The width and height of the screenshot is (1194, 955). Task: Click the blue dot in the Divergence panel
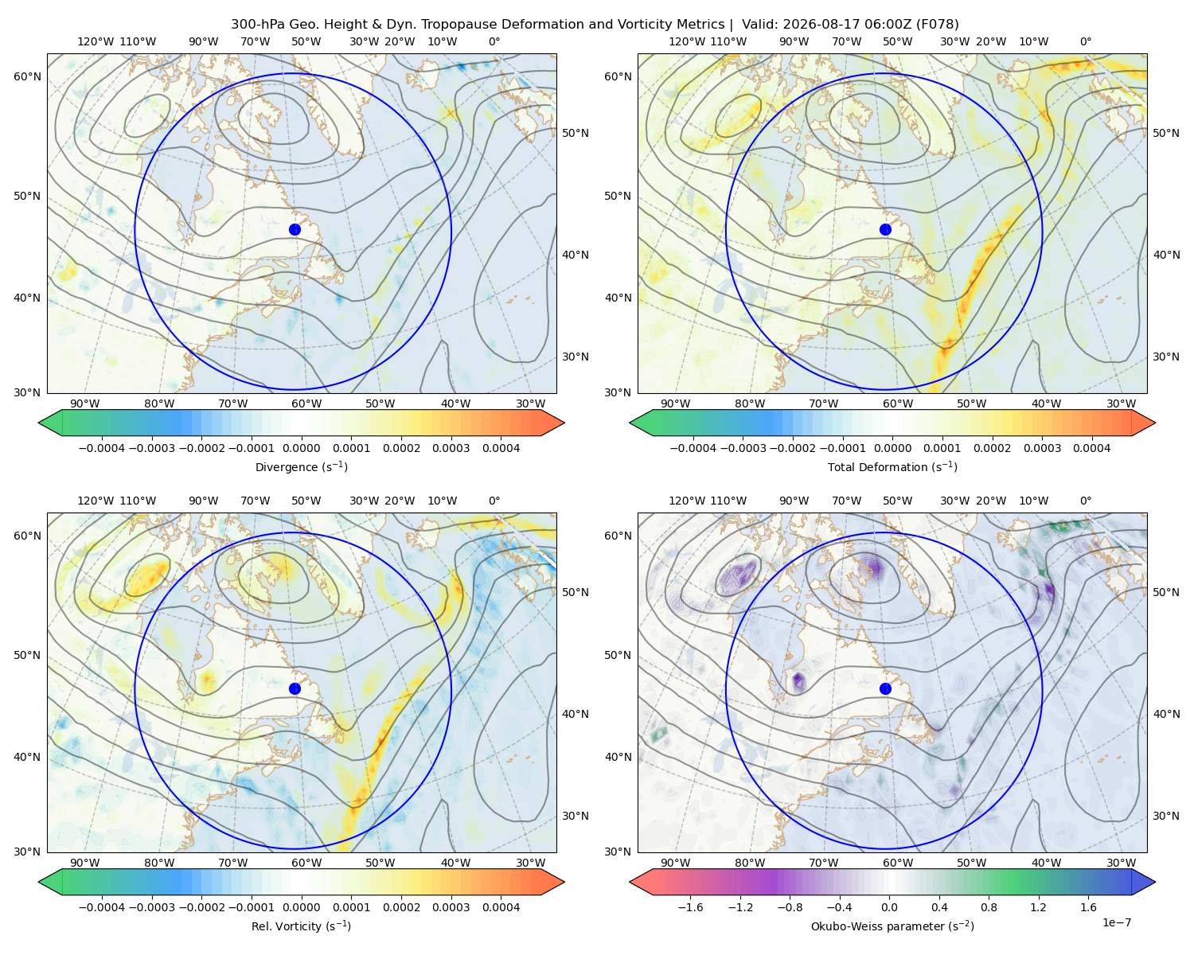[x=295, y=229]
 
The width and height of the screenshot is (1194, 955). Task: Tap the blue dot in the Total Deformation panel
[x=885, y=229]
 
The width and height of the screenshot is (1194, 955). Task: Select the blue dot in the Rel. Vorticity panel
[x=295, y=688]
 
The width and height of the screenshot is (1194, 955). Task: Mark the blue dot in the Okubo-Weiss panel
[x=885, y=688]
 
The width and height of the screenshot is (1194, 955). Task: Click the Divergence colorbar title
[x=301, y=466]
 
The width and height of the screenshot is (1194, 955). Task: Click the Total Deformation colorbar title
[x=892, y=466]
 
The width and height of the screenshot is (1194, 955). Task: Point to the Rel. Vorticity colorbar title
[x=301, y=926]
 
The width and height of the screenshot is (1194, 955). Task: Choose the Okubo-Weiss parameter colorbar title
[x=892, y=926]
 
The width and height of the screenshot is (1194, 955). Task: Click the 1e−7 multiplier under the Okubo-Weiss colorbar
[x=1116, y=922]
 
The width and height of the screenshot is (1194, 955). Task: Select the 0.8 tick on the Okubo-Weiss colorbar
[x=989, y=906]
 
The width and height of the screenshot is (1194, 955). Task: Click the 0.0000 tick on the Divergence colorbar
[x=301, y=448]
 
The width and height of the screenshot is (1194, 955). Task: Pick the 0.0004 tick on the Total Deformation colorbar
[x=1092, y=448]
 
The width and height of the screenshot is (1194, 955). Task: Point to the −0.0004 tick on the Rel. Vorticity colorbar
[x=102, y=906]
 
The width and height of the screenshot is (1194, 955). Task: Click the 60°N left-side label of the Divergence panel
[x=27, y=76]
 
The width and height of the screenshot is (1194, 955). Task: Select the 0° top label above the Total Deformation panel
[x=1085, y=41]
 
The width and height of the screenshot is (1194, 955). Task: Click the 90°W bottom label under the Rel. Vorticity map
[x=85, y=863]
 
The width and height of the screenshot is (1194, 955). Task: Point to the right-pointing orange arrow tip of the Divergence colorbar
[x=564, y=423]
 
